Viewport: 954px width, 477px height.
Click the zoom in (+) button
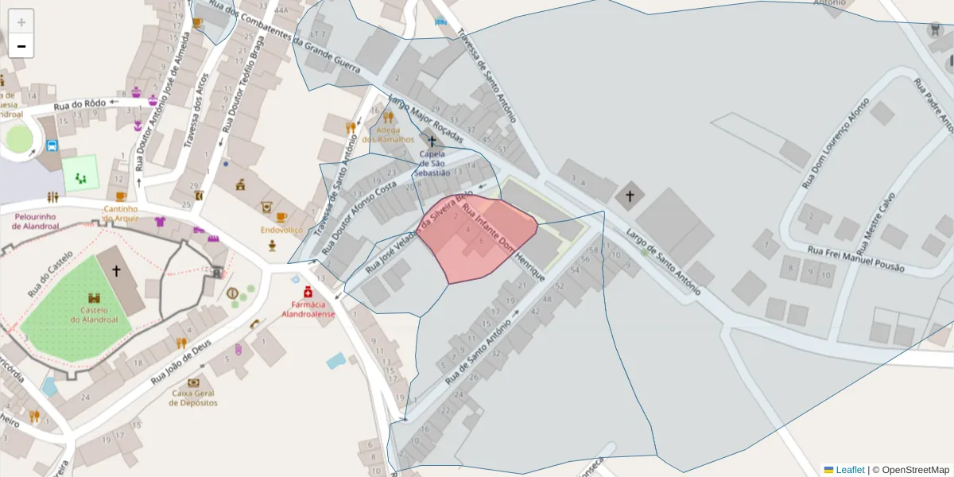[x=21, y=21]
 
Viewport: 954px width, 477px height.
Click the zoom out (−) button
[x=21, y=46]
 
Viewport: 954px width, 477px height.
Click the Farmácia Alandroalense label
[x=308, y=309]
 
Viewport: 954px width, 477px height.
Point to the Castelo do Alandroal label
[x=93, y=315]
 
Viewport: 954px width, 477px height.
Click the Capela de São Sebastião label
[x=432, y=163]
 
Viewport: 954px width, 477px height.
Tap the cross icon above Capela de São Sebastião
[x=432, y=142]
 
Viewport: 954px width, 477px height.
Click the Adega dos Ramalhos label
[x=388, y=134]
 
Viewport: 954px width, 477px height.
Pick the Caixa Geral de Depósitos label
[x=193, y=397]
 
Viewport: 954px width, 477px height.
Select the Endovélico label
[x=281, y=230]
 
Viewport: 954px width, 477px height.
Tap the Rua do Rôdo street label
[x=79, y=106]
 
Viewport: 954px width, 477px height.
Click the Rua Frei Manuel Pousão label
[x=855, y=259]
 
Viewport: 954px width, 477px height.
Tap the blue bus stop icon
[x=52, y=145]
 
